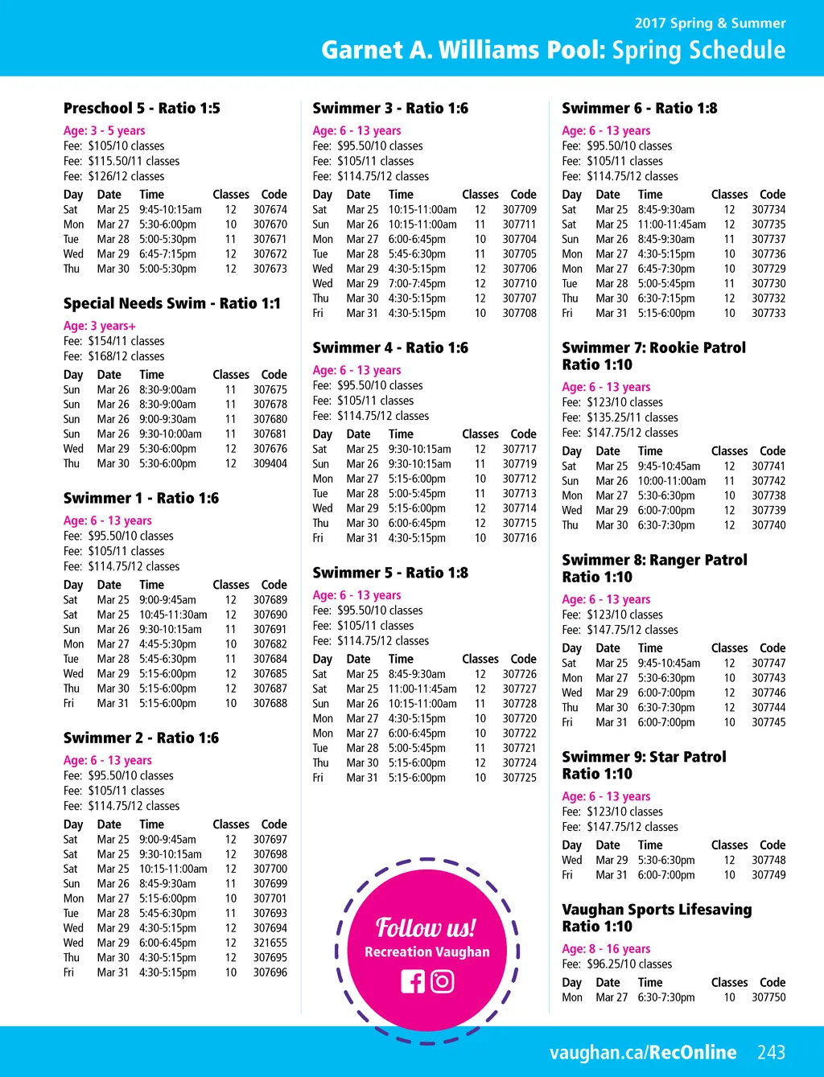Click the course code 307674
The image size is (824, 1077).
coord(270,209)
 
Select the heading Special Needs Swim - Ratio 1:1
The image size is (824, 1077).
coord(172,303)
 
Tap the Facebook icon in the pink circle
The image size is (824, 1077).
coord(412,981)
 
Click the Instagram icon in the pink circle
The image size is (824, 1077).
coord(443,981)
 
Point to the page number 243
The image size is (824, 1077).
coord(771,1052)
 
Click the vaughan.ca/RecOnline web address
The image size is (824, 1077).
coord(643,1052)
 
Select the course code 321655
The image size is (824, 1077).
coord(270,943)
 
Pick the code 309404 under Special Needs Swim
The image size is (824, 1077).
coord(270,463)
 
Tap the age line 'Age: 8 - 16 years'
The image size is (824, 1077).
coord(606,949)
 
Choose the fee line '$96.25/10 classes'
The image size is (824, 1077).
coord(616,964)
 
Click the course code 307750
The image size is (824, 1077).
coord(768,997)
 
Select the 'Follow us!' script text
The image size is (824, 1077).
coord(426,928)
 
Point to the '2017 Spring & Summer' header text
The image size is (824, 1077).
coord(710,23)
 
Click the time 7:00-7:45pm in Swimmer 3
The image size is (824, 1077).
coord(417,283)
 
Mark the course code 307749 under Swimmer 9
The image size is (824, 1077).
coord(768,875)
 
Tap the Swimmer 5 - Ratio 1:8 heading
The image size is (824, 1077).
coord(390,573)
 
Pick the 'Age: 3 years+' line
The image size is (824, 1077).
coord(100,326)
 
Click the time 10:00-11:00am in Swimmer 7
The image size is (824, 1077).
coord(672,481)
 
